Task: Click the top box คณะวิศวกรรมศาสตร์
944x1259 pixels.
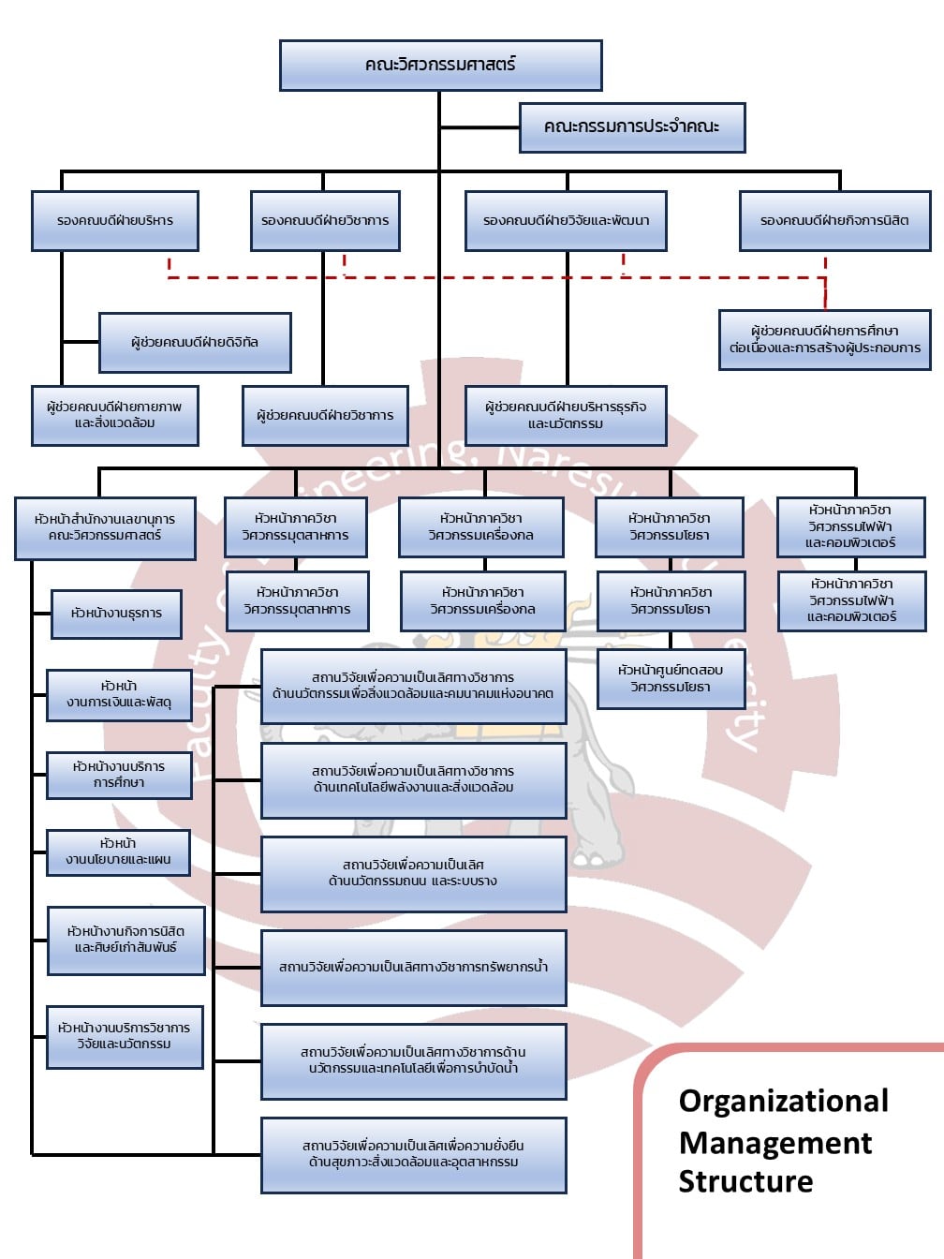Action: pyautogui.click(x=440, y=65)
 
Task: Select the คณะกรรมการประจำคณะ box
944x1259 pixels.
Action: pyautogui.click(x=632, y=126)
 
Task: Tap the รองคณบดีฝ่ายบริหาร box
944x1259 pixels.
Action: pyautogui.click(x=115, y=221)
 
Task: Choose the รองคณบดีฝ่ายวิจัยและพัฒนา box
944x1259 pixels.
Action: pyautogui.click(x=567, y=221)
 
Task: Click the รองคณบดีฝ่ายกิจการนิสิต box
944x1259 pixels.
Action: pyautogui.click(x=834, y=221)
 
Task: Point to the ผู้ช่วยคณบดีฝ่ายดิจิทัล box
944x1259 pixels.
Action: pyautogui.click(x=195, y=343)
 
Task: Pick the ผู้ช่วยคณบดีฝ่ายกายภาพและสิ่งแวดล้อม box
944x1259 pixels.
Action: pyautogui.click(x=115, y=415)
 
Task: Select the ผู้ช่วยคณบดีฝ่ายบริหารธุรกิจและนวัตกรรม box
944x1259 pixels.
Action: pyautogui.click(x=566, y=415)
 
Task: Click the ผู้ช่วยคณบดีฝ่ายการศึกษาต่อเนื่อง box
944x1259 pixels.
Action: pyautogui.click(x=824, y=339)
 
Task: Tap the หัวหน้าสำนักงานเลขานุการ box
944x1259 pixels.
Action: pyautogui.click(x=105, y=527)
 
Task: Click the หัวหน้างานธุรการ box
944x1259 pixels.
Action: pyautogui.click(x=116, y=614)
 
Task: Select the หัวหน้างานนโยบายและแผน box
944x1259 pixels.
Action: pyautogui.click(x=118, y=852)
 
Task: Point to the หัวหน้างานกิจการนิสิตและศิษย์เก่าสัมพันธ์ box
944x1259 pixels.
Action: pyautogui.click(x=125, y=940)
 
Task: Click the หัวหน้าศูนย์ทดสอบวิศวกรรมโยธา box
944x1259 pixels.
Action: pyautogui.click(x=671, y=678)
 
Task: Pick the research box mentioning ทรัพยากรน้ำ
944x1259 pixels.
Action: pyautogui.click(x=413, y=967)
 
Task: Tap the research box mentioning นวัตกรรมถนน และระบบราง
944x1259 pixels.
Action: pyautogui.click(x=413, y=873)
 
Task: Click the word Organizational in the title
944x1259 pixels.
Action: pyautogui.click(x=783, y=1101)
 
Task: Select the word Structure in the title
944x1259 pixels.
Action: pyautogui.click(x=745, y=1181)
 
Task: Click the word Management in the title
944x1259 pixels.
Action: pyautogui.click(x=775, y=1143)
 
